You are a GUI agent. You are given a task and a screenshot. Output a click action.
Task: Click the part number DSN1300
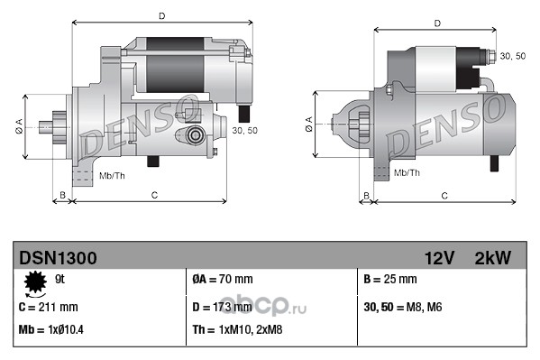[x=58, y=258]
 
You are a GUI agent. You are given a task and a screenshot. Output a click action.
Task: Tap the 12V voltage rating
[x=439, y=258]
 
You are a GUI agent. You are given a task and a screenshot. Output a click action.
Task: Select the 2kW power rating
[x=493, y=258]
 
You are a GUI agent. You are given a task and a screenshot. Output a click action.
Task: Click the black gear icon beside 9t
[x=35, y=282]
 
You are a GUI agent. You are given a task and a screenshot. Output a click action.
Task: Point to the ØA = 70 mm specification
[x=223, y=279]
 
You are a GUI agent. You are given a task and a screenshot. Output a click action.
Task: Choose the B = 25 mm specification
[x=390, y=279]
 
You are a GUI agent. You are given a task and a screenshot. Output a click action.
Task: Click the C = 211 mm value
[x=48, y=307]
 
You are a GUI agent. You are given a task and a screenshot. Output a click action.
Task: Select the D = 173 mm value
[x=222, y=307]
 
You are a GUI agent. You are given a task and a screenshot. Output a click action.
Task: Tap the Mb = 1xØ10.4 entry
[x=51, y=329]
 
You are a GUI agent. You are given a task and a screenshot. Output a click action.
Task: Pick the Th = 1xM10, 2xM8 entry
[x=237, y=329]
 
